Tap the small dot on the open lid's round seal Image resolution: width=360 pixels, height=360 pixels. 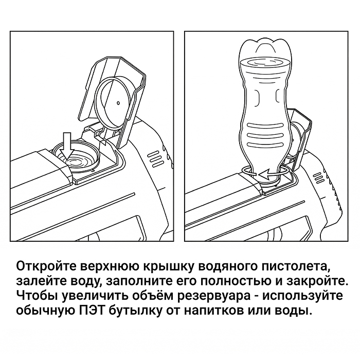(118, 103)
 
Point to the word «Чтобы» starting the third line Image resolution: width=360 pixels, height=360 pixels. (36, 296)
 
